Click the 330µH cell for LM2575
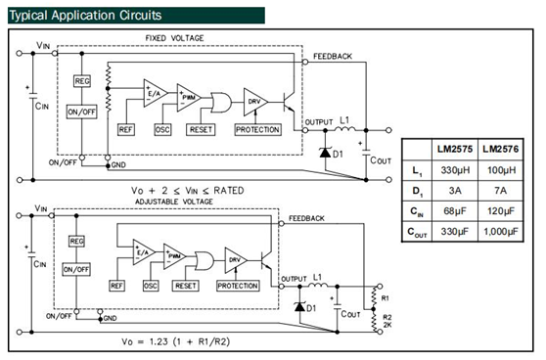pyautogui.click(x=455, y=170)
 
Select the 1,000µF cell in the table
pyautogui.click(x=501, y=231)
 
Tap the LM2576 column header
pyautogui.click(x=501, y=149)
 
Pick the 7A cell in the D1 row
pyautogui.click(x=501, y=191)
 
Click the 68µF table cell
pyautogui.click(x=455, y=211)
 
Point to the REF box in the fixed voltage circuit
pyautogui.click(x=125, y=130)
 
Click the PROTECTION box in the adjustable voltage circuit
pyautogui.click(x=238, y=286)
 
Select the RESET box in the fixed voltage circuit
pyautogui.click(x=201, y=130)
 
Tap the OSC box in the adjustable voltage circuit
pyautogui.click(x=151, y=286)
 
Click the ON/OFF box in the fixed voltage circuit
pyautogui.click(x=82, y=112)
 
